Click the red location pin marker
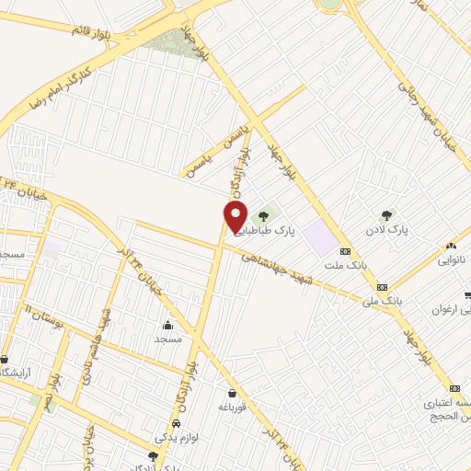pyautogui.click(x=235, y=217)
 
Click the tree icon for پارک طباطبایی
pyautogui.click(x=264, y=216)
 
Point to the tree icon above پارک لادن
pyautogui.click(x=385, y=214)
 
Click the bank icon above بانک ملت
pyautogui.click(x=345, y=250)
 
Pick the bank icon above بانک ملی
pyautogui.click(x=382, y=286)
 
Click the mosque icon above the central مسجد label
pyautogui.click(x=167, y=325)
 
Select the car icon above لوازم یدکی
pyautogui.click(x=175, y=423)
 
